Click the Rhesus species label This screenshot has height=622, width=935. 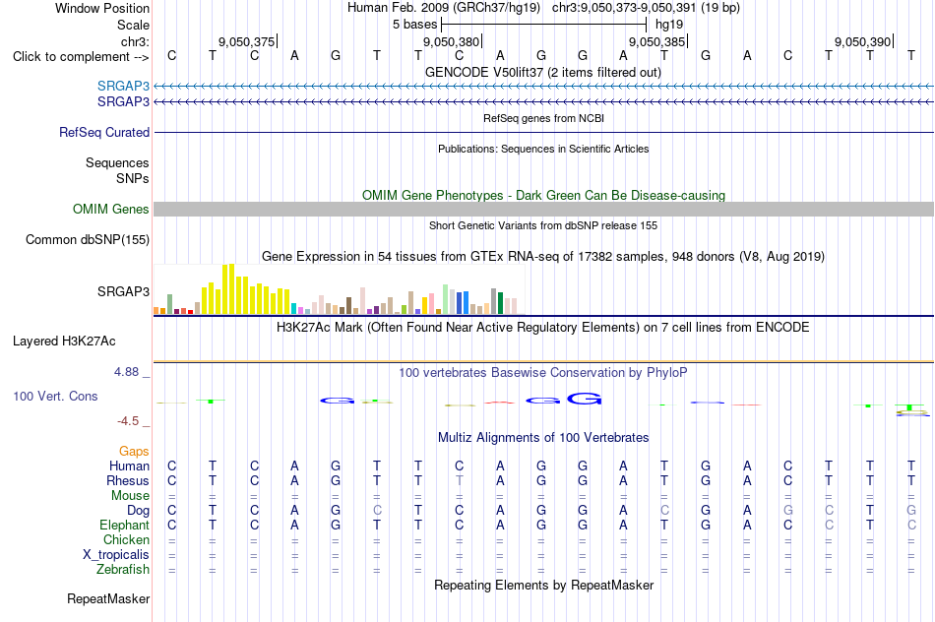coord(128,480)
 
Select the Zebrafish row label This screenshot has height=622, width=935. coord(123,569)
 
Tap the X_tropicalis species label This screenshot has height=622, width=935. coord(116,555)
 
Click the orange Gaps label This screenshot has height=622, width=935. coord(134,452)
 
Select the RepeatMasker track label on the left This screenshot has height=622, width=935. coord(108,598)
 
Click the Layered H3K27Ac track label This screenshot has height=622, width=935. coord(64,342)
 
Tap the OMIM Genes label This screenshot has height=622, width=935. coord(111,209)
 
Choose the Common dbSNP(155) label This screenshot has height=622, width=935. coord(88,240)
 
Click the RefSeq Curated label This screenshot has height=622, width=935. coord(104,133)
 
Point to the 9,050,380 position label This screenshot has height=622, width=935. coord(452,41)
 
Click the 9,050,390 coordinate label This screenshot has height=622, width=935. coord(862,41)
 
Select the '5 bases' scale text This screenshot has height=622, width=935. coord(414,25)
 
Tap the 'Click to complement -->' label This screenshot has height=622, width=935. coord(81,57)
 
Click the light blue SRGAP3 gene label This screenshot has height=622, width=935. coord(123,86)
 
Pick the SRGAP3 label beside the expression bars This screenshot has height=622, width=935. coord(123,291)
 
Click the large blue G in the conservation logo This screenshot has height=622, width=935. coord(584,398)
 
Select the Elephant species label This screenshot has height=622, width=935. coord(124,525)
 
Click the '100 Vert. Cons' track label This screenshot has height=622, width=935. coord(55,396)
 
